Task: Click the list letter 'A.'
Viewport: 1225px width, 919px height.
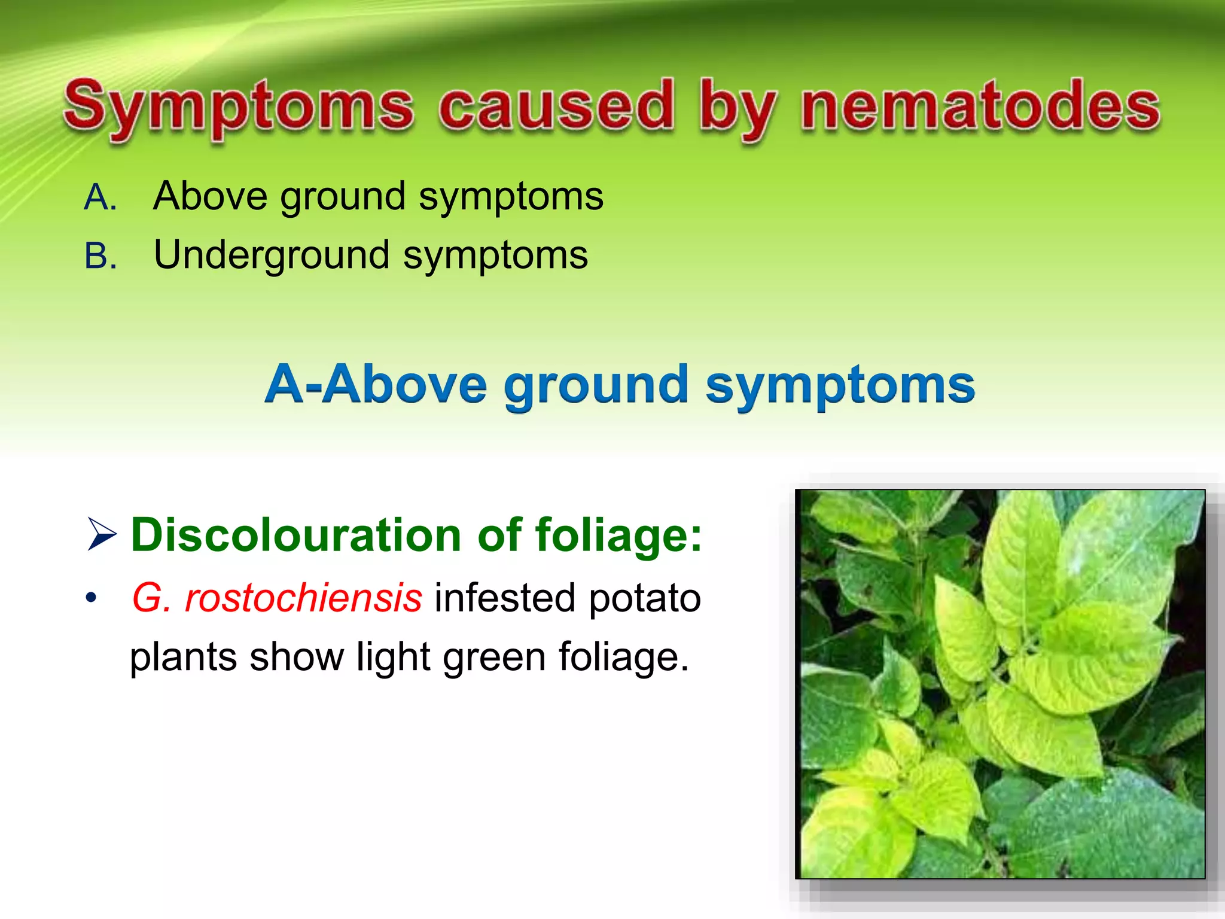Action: [100, 197]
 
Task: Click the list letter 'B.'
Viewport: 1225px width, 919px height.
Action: [100, 256]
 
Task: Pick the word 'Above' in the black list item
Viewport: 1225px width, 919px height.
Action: [211, 196]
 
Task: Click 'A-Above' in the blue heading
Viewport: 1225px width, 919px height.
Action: [376, 384]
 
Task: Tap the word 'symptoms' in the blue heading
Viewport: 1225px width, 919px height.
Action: [840, 386]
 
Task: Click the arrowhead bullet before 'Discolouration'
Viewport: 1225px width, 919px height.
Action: [102, 534]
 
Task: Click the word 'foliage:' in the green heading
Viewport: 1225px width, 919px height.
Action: [618, 534]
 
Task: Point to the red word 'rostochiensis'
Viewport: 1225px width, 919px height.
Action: [303, 598]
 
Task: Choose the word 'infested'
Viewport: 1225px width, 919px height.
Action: [505, 598]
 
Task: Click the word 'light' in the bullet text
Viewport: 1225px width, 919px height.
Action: [394, 658]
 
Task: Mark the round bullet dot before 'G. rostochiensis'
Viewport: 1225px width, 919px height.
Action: [91, 598]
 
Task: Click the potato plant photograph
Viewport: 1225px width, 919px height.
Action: [1000, 684]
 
